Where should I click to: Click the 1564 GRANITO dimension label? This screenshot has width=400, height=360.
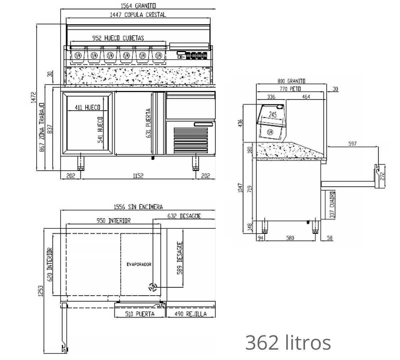point(138,6)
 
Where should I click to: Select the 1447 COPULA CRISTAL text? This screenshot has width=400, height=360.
point(138,15)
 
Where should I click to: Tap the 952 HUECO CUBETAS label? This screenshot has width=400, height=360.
point(118,38)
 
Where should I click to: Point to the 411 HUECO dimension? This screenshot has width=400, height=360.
point(88,108)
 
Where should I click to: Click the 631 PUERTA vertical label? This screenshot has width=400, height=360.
point(148,123)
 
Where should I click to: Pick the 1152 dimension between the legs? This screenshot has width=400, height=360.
point(138,176)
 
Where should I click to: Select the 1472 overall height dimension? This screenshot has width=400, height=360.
point(33,97)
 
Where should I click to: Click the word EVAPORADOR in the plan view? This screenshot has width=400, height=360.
point(139,264)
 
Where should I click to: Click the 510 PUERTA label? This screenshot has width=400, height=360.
point(140,314)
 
